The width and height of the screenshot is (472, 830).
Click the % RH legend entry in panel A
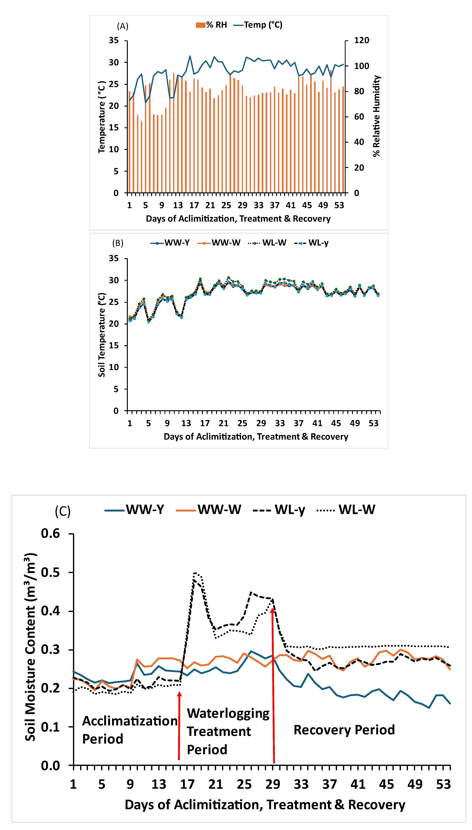211,25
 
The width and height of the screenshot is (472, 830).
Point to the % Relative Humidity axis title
376,116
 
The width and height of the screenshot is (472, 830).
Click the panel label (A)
122,26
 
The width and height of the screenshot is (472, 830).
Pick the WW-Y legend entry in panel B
170,243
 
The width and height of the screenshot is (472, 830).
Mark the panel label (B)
118,243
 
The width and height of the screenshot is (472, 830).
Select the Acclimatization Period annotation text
130,730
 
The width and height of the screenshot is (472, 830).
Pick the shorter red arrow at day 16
179,726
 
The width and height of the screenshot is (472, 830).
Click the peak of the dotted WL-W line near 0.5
195,573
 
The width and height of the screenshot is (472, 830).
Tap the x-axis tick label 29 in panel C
273,784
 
